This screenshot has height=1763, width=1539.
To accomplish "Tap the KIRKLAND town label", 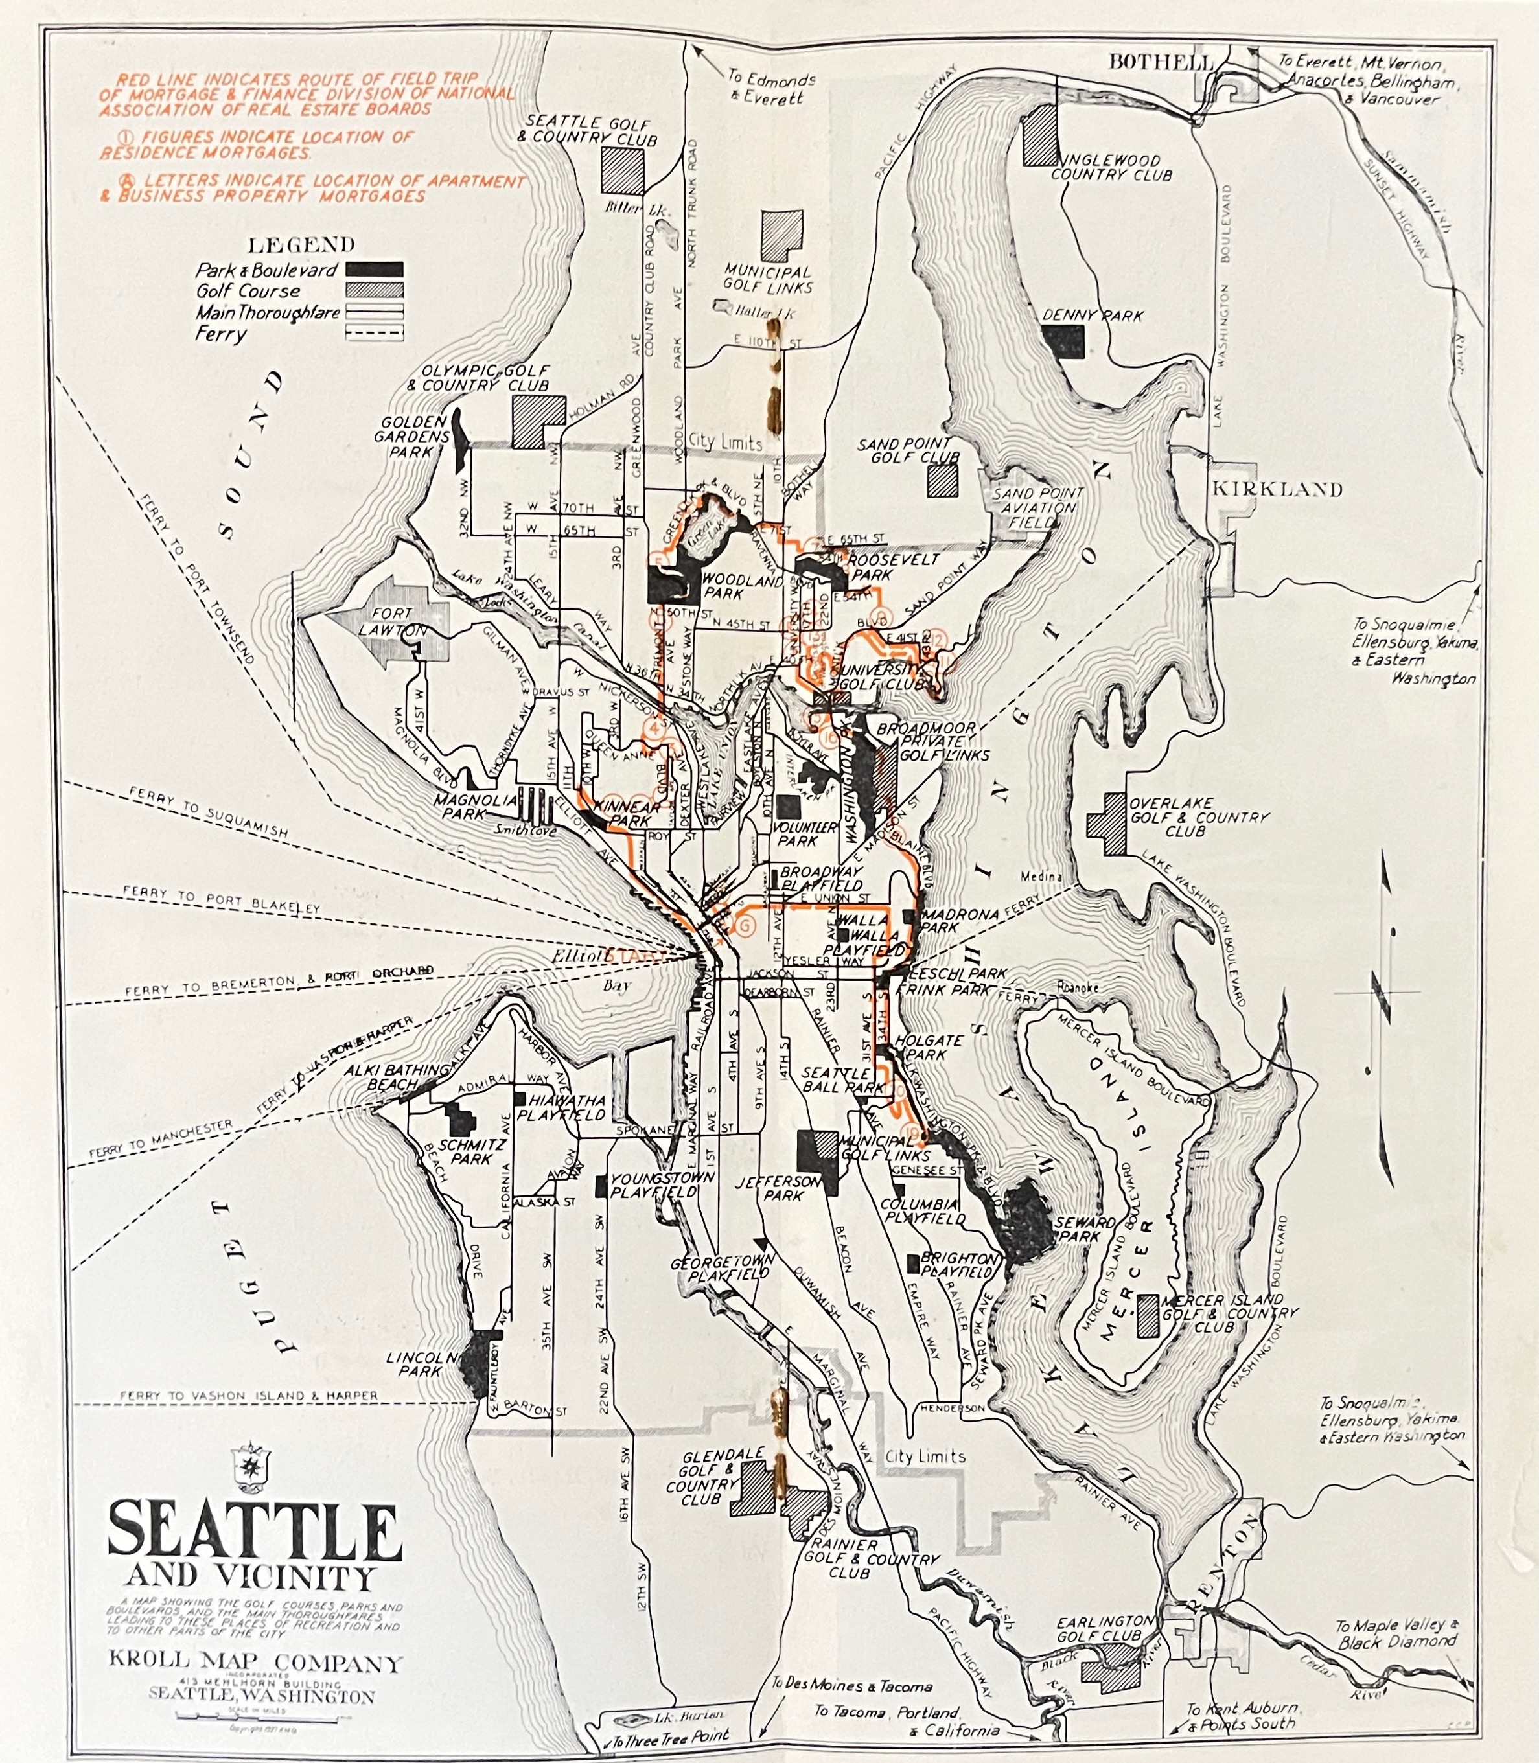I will click(1276, 489).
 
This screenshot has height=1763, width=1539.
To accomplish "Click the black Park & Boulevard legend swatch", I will click(375, 269).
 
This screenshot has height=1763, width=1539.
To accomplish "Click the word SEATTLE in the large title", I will click(254, 1532).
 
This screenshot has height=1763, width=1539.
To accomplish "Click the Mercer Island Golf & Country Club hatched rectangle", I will click(1148, 1315).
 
